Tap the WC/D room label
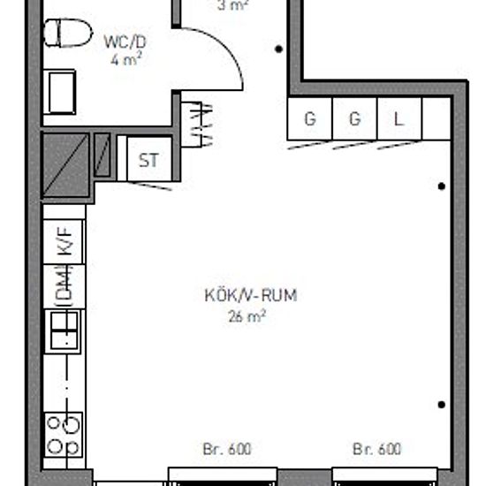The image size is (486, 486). click(x=124, y=42)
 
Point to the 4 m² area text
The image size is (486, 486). click(x=127, y=60)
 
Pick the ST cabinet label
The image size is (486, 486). click(x=148, y=161)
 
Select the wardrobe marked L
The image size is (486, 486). click(x=399, y=119)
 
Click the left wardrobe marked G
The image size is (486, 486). click(x=309, y=119)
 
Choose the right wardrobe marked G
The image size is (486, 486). click(x=354, y=119)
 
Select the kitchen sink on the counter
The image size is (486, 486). click(x=65, y=332)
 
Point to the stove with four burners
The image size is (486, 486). click(x=65, y=434)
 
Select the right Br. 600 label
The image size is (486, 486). click(x=377, y=449)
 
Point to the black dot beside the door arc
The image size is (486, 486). click(x=279, y=49)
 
